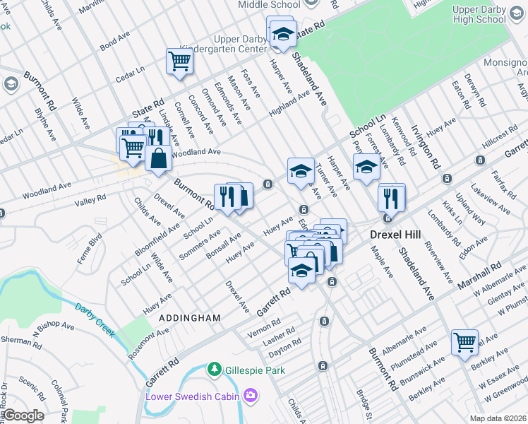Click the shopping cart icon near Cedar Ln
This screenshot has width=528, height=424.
click(x=179, y=61)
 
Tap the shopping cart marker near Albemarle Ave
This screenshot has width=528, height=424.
click(x=464, y=343)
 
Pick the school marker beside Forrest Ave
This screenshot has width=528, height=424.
click(x=366, y=168)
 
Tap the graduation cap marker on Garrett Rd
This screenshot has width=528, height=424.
click(x=301, y=271)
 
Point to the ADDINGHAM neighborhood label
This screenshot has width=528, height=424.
click(x=190, y=319)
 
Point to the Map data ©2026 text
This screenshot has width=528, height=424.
click(x=498, y=418)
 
